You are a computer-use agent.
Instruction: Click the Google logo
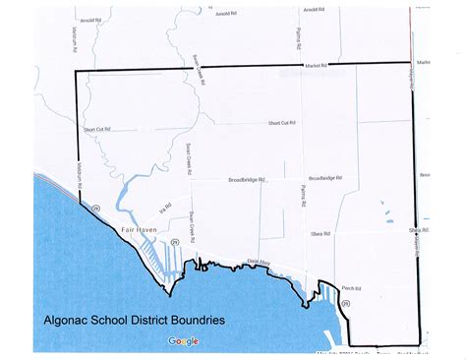tap(183, 341)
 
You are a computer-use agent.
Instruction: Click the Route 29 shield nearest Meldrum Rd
tap(95, 208)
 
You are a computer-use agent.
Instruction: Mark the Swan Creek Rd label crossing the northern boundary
tap(199, 71)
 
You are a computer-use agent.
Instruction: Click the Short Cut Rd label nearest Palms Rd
tap(281, 123)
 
